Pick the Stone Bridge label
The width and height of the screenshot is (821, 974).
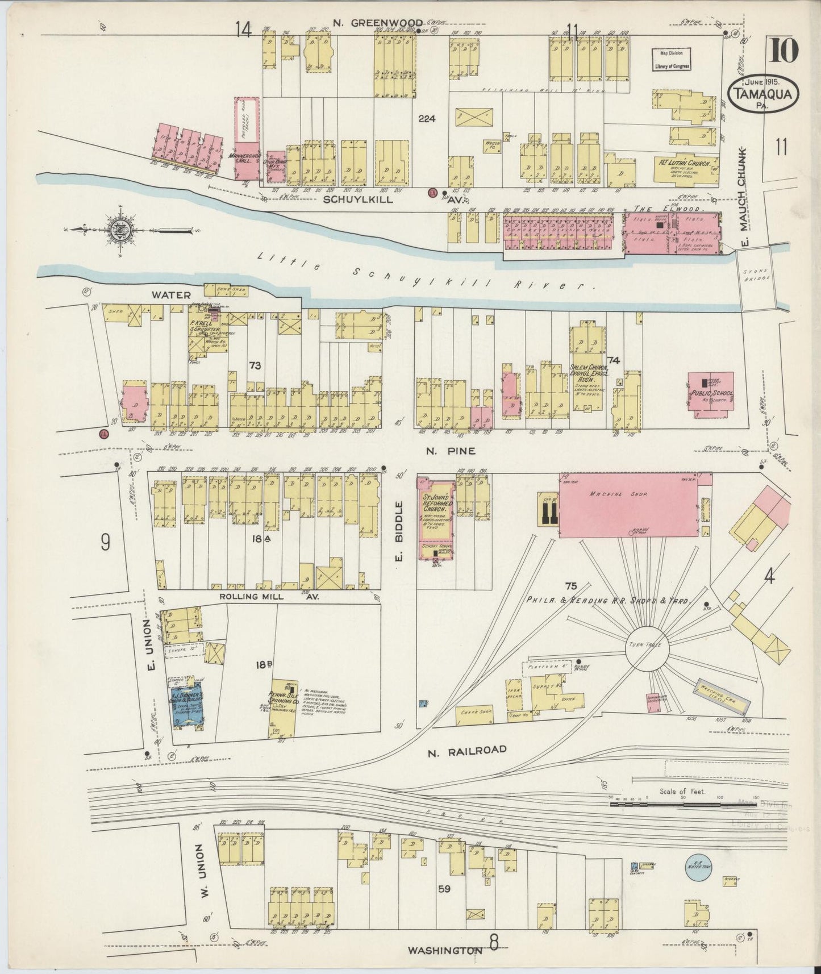click(755, 274)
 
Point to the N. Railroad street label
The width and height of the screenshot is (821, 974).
click(466, 750)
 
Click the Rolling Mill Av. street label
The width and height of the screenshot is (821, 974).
click(270, 597)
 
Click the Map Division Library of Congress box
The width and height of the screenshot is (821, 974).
click(671, 59)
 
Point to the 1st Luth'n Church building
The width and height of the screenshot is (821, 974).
click(686, 168)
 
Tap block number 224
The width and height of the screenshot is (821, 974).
click(426, 119)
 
